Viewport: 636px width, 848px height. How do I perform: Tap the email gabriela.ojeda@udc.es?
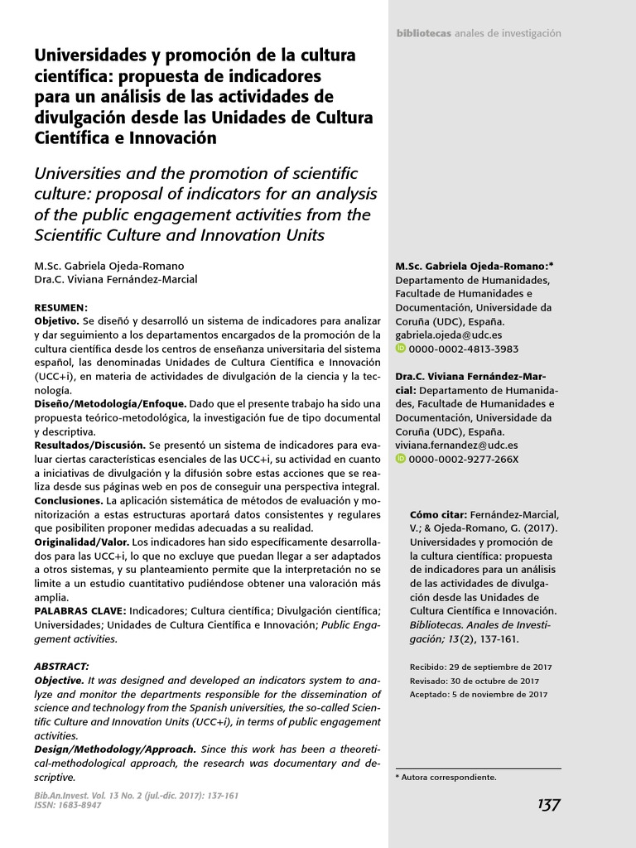[x=443, y=335]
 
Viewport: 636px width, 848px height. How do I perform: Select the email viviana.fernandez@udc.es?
[x=456, y=445]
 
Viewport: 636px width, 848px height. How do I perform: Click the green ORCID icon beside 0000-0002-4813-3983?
[x=401, y=349]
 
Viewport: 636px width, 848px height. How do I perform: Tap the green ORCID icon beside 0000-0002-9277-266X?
[x=401, y=459]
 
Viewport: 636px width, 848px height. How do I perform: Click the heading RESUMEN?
[x=60, y=306]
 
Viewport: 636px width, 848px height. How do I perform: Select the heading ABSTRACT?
[x=61, y=667]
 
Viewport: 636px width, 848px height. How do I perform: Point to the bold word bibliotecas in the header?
[x=423, y=33]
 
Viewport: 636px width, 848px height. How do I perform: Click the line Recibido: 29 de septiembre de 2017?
[x=480, y=667]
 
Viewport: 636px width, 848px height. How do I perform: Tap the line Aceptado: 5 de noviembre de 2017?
[x=479, y=694]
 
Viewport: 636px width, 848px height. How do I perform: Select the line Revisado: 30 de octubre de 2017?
[x=473, y=681]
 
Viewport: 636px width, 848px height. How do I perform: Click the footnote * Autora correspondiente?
[x=446, y=778]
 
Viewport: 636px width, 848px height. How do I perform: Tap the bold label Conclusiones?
[x=69, y=501]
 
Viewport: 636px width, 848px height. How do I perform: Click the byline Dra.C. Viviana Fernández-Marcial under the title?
[x=115, y=279]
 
